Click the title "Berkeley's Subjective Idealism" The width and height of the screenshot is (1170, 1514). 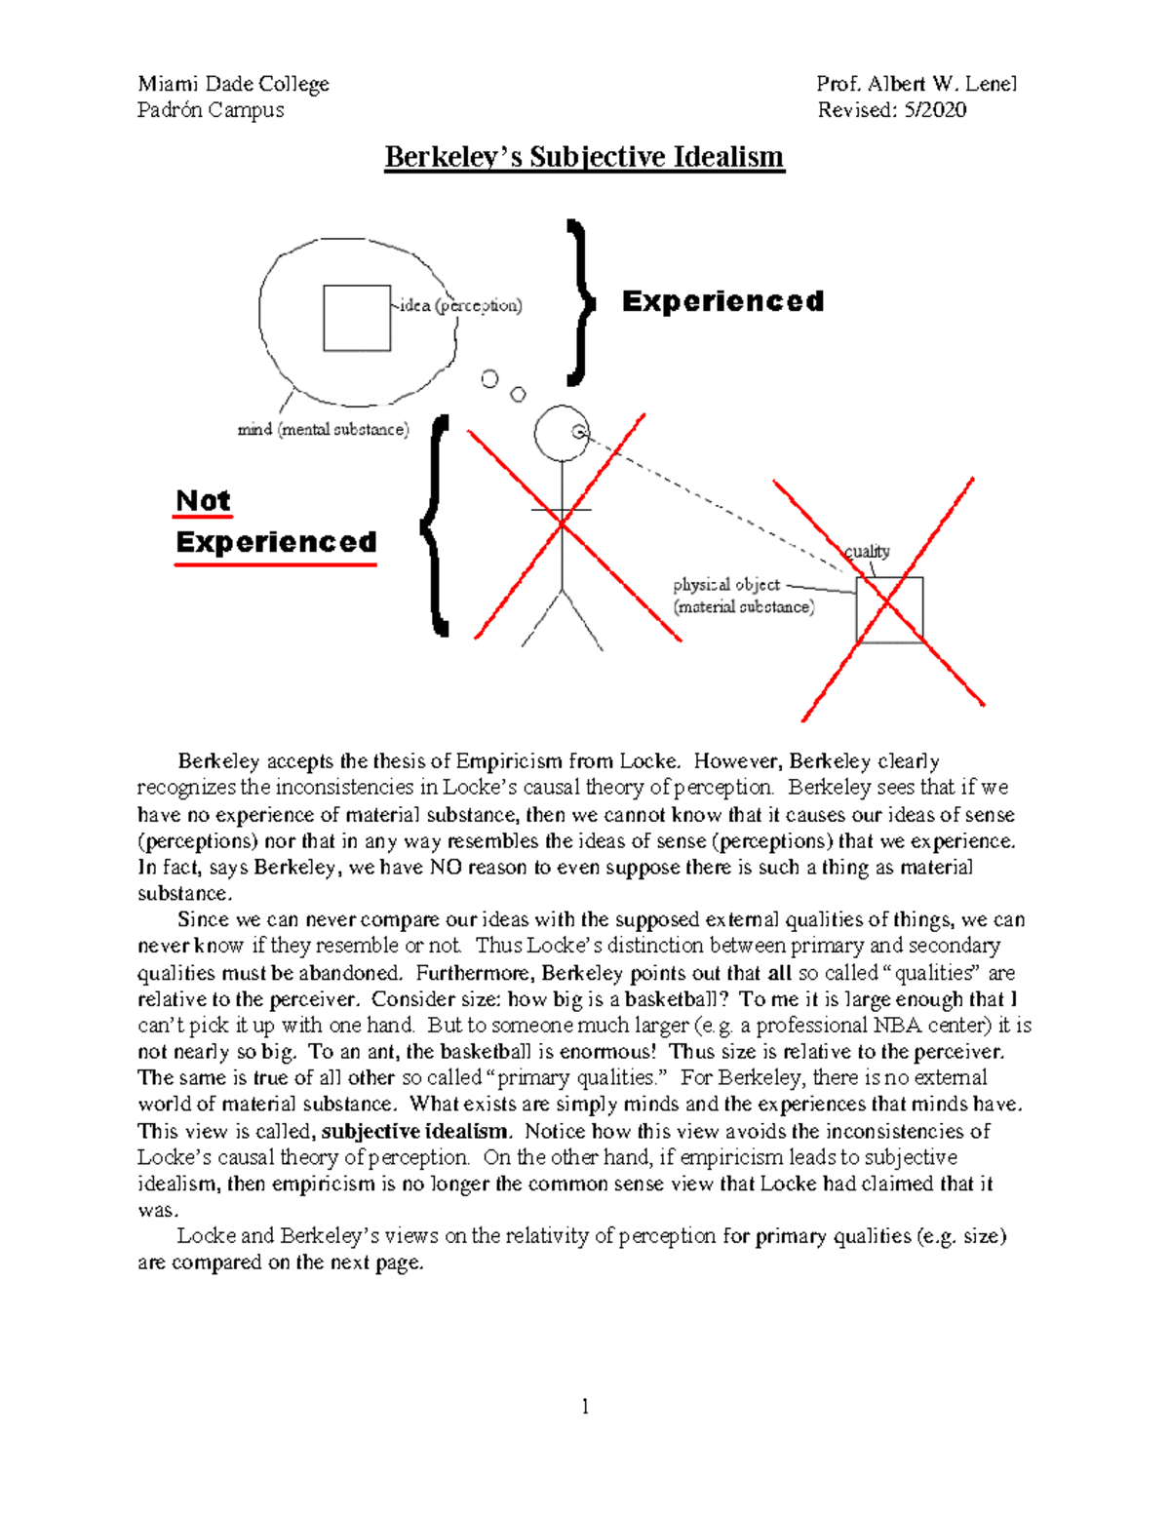click(x=584, y=157)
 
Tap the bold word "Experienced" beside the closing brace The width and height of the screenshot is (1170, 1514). click(x=722, y=301)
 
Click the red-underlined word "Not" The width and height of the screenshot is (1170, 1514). click(x=203, y=500)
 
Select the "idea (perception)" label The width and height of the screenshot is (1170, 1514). click(x=461, y=305)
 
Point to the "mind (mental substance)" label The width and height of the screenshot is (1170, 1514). click(x=323, y=429)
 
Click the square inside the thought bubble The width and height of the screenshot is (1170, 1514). click(x=357, y=318)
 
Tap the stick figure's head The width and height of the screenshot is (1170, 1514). click(x=562, y=433)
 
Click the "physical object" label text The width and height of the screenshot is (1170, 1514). click(x=726, y=585)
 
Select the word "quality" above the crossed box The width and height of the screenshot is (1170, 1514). click(x=867, y=551)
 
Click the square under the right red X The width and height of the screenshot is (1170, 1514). click(x=889, y=609)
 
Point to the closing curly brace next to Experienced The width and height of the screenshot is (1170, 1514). click(x=579, y=301)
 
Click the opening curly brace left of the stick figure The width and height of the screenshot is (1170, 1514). click(x=436, y=526)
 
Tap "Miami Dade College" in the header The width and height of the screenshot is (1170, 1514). click(x=233, y=84)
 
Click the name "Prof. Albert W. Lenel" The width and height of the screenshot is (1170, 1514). click(x=916, y=84)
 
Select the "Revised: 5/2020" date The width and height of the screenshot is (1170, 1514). click(x=892, y=110)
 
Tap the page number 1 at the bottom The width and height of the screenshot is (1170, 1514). click(x=585, y=1406)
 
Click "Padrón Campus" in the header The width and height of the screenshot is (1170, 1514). click(x=211, y=110)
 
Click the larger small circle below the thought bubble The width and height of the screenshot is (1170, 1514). click(x=489, y=378)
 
